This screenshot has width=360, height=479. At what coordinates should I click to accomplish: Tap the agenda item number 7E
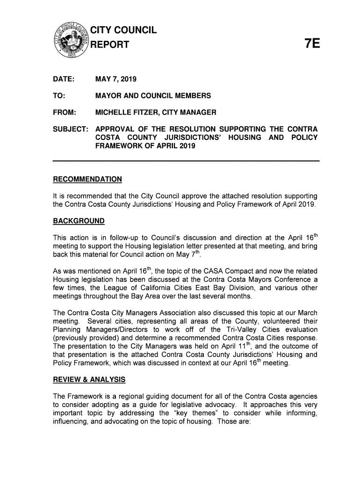(x=312, y=44)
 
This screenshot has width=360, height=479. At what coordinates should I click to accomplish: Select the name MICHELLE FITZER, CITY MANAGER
(x=156, y=113)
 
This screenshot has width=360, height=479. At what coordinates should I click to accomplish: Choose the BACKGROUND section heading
(x=79, y=221)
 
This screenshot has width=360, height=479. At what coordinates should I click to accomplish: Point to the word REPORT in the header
(x=112, y=45)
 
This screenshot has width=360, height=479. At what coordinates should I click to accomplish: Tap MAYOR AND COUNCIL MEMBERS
(x=153, y=96)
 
